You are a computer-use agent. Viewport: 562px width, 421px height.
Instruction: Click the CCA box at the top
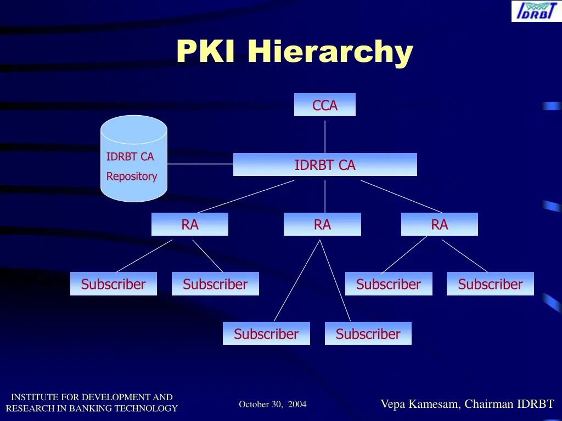coord(325,105)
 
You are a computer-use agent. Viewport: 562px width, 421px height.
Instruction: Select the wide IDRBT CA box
coord(325,164)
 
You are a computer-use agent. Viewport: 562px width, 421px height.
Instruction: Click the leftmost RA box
coord(190,224)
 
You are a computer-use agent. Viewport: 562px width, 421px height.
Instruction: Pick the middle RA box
coord(322,224)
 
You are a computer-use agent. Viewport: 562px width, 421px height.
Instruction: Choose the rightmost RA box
coord(439,224)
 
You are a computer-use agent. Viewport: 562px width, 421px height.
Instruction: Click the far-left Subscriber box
coord(113,284)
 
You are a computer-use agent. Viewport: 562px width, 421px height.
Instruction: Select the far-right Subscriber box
coord(490,284)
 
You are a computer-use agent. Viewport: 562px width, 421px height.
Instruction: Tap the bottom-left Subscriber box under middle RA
coord(266,333)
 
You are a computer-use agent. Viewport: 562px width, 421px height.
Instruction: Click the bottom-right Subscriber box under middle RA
coord(368,333)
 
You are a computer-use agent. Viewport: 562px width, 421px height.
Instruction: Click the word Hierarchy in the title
coord(329,53)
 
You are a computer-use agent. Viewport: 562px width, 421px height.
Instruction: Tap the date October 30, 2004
coord(273,405)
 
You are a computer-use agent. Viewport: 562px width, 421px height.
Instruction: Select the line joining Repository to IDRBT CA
coord(200,163)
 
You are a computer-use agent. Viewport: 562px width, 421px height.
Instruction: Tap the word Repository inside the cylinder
coord(132,177)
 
